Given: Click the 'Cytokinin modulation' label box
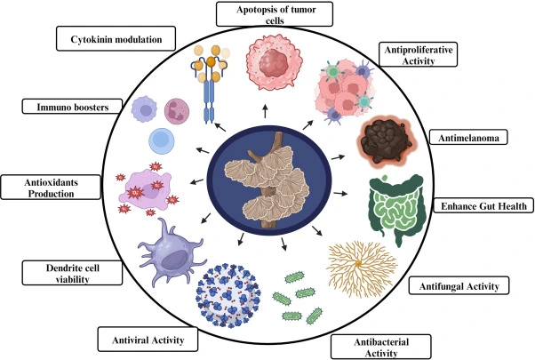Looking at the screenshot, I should [116, 39].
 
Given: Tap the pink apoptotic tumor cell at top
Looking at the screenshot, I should [273, 68].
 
